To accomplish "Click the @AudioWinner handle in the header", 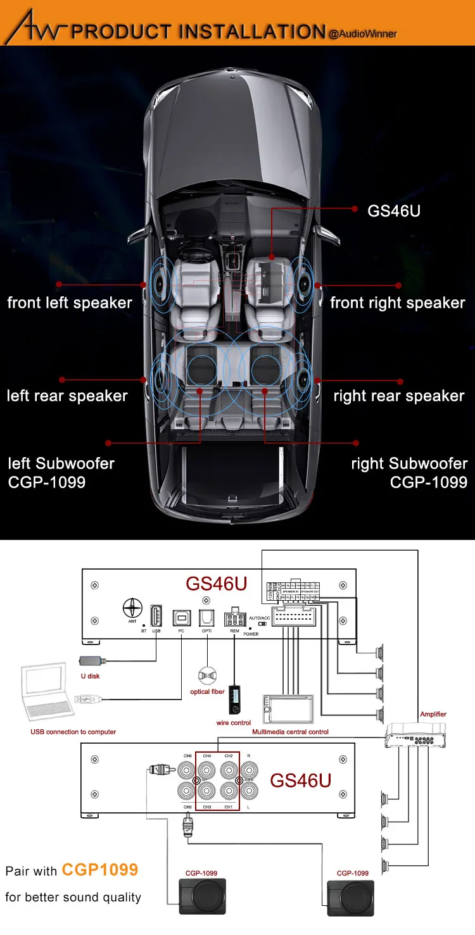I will pyautogui.click(x=363, y=33).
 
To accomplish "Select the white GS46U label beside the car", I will pyautogui.click(x=394, y=210).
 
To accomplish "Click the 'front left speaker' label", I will pyautogui.click(x=70, y=303).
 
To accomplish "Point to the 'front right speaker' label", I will pyautogui.click(x=398, y=303).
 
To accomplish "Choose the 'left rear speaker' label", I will pyautogui.click(x=67, y=396).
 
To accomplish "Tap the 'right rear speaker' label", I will pyautogui.click(x=399, y=396).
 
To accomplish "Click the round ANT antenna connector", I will pyautogui.click(x=132, y=608).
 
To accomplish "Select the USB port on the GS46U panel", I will pyautogui.click(x=156, y=615).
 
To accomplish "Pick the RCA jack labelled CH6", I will pyautogui.click(x=187, y=770).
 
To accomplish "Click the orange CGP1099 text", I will pyautogui.click(x=99, y=870).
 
